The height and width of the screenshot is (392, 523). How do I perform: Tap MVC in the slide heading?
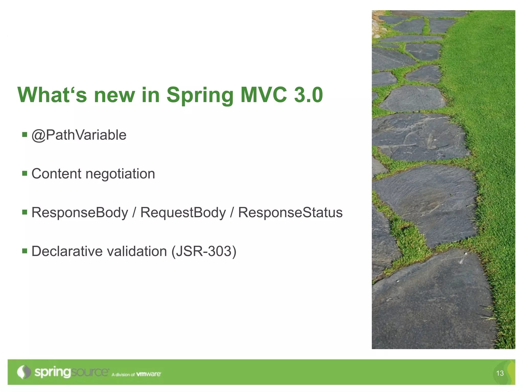coord(264,95)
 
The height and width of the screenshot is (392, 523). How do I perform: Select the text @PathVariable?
coord(79,135)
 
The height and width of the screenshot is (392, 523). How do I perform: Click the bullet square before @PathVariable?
coord(25,134)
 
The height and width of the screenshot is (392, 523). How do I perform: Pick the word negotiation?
coord(120,174)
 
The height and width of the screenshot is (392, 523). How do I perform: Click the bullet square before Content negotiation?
coord(25,174)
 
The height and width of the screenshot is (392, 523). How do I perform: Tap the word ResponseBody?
coord(80,213)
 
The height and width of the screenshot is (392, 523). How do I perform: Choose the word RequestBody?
coord(183,213)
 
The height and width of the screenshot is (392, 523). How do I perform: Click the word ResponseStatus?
coord(290,213)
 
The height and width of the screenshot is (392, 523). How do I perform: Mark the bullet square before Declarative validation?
coord(25,251)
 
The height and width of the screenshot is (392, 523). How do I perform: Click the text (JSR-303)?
coord(204,251)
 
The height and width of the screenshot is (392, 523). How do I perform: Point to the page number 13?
coord(500,373)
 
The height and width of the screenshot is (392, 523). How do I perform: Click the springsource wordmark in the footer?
coord(72,372)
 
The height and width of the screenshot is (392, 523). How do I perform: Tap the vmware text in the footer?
coord(149,374)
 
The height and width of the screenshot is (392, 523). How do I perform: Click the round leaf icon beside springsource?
coord(24,372)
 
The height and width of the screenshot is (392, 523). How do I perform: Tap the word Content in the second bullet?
coord(56,174)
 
